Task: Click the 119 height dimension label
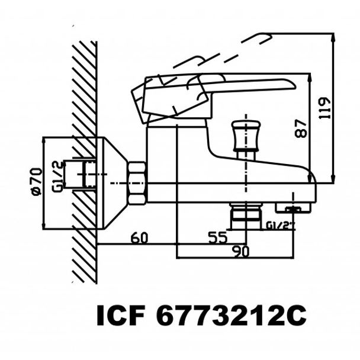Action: tap(325, 108)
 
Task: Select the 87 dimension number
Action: tap(301, 128)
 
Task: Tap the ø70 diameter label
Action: tap(37, 182)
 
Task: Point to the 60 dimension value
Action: tap(139, 238)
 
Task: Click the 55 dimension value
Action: tap(218, 237)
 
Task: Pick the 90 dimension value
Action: tap(240, 252)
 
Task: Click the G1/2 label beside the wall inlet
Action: tap(57, 176)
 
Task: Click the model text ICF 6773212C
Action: tap(201, 315)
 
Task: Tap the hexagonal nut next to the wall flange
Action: tap(137, 183)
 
